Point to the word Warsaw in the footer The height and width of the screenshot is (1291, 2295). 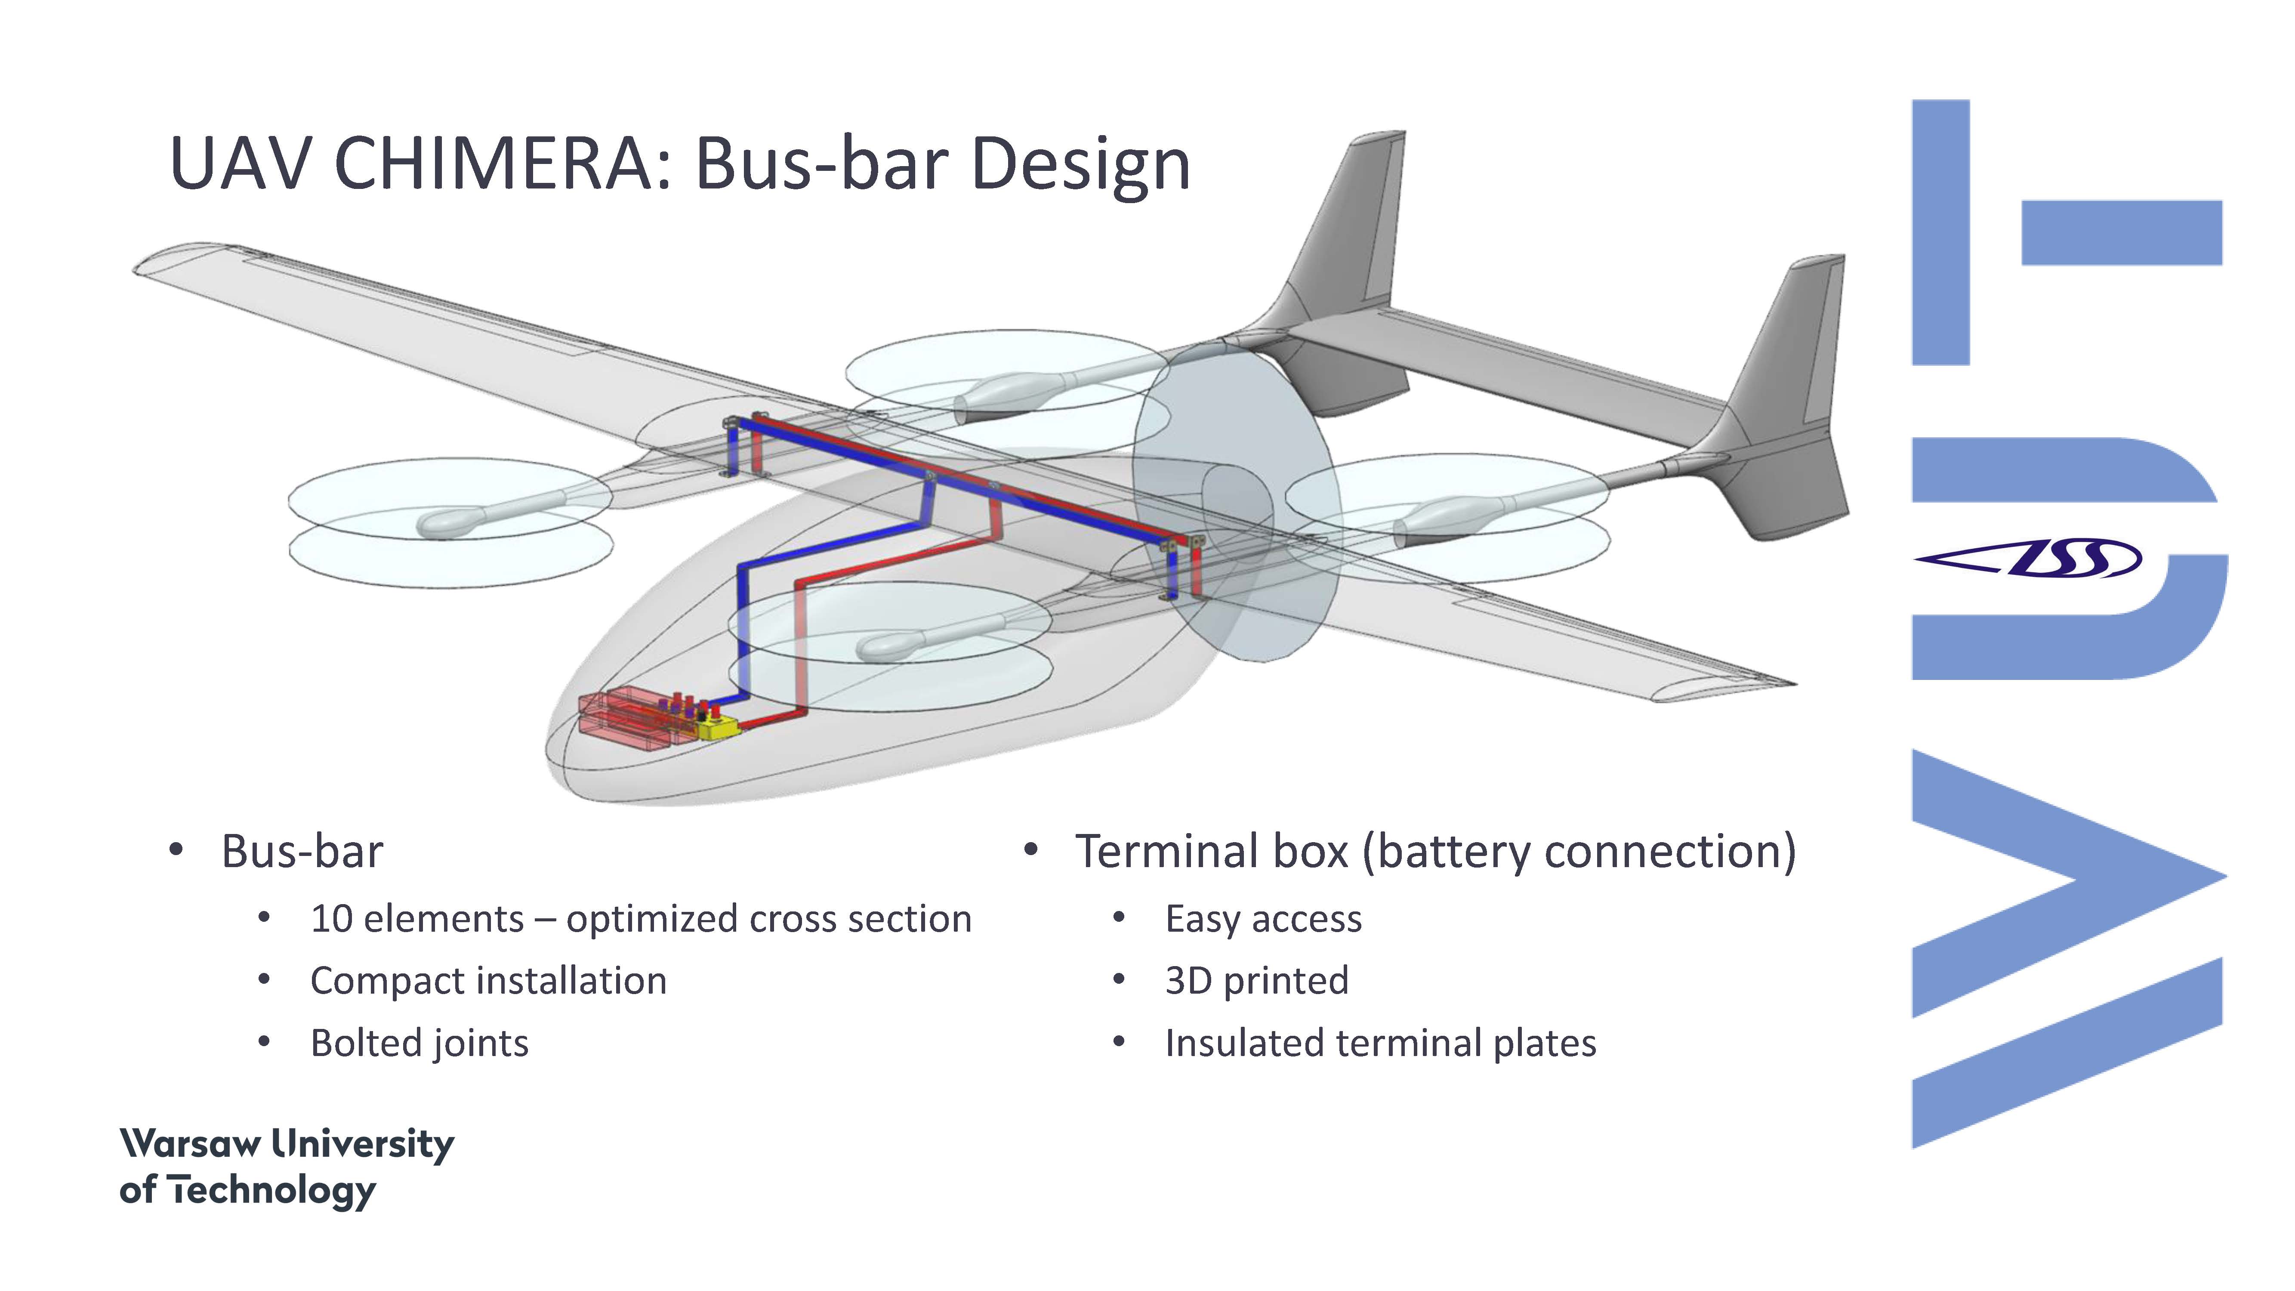[191, 1143]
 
